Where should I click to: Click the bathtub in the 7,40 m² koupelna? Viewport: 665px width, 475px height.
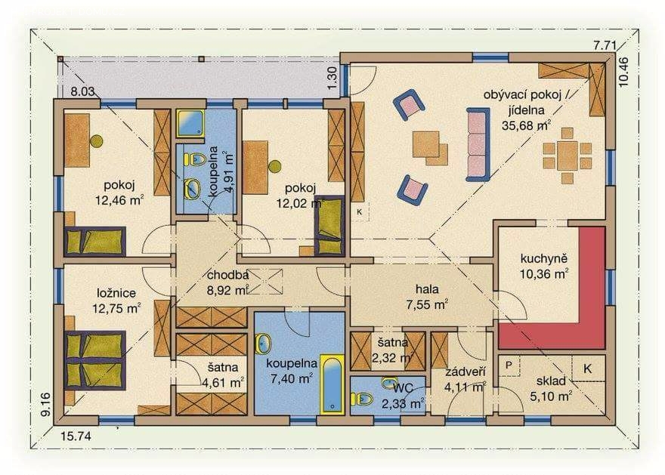(x=332, y=384)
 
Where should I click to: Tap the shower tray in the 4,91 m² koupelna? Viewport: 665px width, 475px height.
(x=190, y=123)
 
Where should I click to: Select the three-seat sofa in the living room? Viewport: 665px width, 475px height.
(x=478, y=144)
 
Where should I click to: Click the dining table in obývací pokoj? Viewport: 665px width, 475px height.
(x=567, y=156)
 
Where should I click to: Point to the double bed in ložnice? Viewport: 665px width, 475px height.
(x=96, y=359)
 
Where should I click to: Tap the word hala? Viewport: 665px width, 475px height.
(x=427, y=289)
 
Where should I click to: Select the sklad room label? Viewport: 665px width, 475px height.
(x=551, y=381)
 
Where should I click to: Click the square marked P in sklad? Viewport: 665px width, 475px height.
(x=509, y=365)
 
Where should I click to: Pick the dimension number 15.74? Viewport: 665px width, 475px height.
(x=76, y=436)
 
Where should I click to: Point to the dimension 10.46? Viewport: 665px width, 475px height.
(x=624, y=72)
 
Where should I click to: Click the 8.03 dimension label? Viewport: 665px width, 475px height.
(x=82, y=91)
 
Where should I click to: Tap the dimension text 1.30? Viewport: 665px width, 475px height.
(x=332, y=78)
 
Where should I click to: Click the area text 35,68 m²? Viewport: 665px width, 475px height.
(x=526, y=125)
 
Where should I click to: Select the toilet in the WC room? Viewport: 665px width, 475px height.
(x=361, y=399)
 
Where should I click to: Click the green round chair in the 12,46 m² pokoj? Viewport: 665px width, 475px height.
(x=96, y=141)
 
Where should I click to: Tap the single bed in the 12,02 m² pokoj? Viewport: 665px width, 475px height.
(x=329, y=227)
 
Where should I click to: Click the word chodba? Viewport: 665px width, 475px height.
(x=227, y=275)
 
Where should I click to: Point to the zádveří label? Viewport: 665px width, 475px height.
(x=466, y=372)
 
